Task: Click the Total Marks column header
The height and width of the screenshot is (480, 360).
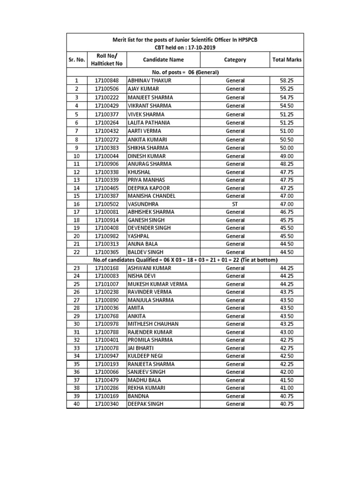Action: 286,60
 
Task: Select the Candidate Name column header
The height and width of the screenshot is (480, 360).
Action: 163,60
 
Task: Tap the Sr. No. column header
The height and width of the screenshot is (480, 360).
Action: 76,60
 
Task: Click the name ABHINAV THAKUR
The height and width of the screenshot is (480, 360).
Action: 150,81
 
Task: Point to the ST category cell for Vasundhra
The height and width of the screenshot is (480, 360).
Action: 235,204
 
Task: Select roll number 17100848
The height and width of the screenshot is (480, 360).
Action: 106,81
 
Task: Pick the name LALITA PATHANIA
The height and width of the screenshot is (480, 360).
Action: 149,123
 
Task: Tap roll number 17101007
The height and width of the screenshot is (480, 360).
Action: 106,284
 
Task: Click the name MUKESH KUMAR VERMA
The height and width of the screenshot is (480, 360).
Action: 155,284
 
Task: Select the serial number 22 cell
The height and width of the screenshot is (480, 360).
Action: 76,252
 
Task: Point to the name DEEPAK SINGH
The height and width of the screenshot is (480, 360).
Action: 146,404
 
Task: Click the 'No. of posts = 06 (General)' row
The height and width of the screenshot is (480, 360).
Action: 185,72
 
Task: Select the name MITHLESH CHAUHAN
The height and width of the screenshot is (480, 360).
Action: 153,324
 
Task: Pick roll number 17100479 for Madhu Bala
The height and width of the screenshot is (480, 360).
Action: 106,380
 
